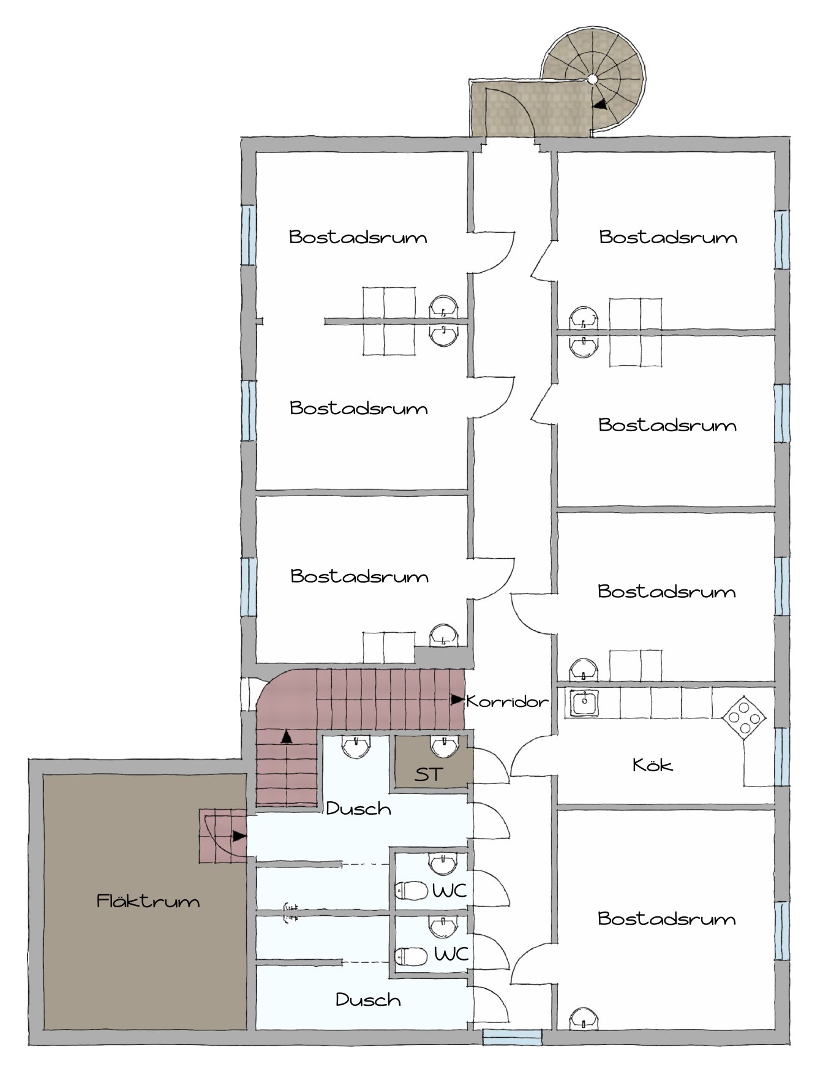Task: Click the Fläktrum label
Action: pyautogui.click(x=148, y=901)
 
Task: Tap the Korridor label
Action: pyautogui.click(x=507, y=701)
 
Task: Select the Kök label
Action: pyautogui.click(x=653, y=764)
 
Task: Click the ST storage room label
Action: pyautogui.click(x=427, y=774)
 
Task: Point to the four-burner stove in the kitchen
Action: pyautogui.click(x=743, y=718)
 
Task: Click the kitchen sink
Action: pyautogui.click(x=585, y=702)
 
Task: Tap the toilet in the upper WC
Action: pyautogui.click(x=411, y=890)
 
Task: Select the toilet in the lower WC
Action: pyautogui.click(x=411, y=956)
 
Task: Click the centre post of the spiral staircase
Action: pyautogui.click(x=593, y=78)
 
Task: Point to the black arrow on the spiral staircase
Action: pyautogui.click(x=603, y=105)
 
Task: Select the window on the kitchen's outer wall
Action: pyautogui.click(x=782, y=757)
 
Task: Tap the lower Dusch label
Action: pyautogui.click(x=369, y=1000)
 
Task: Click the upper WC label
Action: pyautogui.click(x=450, y=890)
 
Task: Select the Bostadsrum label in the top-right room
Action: pyautogui.click(x=668, y=237)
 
